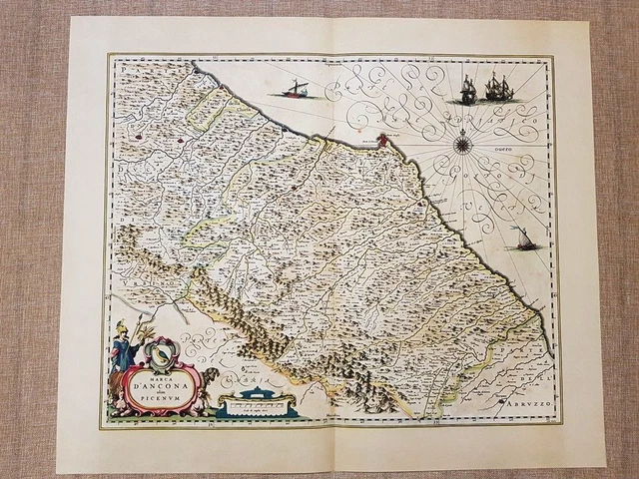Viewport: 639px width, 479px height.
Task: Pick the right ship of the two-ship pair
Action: tap(496, 89)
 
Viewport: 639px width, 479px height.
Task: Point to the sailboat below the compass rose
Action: tap(521, 239)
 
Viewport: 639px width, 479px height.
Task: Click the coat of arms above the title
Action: tap(159, 350)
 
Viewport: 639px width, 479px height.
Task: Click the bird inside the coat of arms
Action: tap(160, 351)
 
